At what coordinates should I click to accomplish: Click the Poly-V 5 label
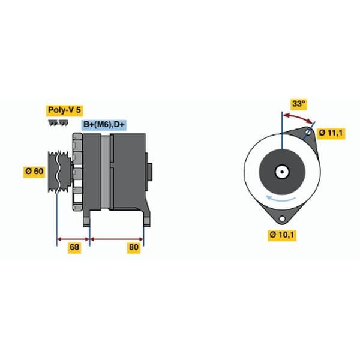(x=64, y=110)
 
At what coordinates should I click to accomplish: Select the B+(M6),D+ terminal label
(x=104, y=125)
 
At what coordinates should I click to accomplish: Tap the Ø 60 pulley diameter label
(x=34, y=172)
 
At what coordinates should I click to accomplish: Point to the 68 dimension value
(x=74, y=247)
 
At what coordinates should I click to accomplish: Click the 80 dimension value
(x=134, y=247)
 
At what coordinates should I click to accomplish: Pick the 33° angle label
(x=298, y=104)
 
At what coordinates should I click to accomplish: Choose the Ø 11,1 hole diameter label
(x=331, y=133)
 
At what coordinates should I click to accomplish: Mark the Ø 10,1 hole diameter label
(x=282, y=235)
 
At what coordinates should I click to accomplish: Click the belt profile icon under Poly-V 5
(x=58, y=123)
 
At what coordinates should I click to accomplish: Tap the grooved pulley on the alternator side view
(x=59, y=172)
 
